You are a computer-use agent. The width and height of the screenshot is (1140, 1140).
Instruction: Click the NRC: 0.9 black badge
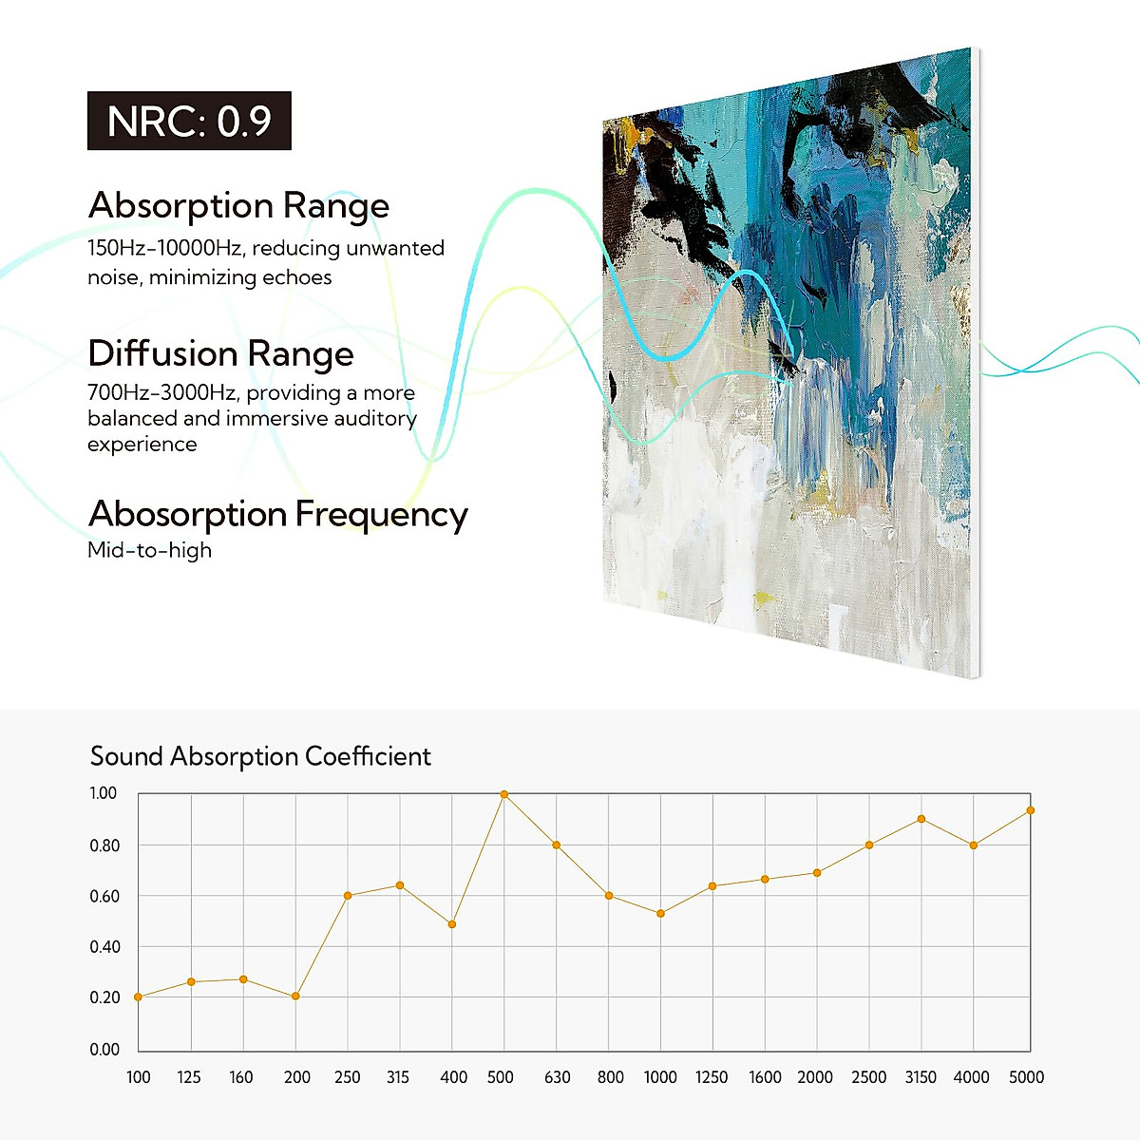189,121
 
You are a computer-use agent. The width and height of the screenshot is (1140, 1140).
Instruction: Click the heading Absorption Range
239,206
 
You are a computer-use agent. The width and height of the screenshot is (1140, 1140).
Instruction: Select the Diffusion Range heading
220,353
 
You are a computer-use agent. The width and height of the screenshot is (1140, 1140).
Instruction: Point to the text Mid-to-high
150,550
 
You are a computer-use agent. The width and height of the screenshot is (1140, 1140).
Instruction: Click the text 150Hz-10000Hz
165,248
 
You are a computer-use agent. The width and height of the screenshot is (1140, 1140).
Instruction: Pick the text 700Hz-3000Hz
162,392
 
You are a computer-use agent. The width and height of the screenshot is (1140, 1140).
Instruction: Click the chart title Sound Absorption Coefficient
260,756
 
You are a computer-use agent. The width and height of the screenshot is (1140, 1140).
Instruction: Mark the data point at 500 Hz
504,794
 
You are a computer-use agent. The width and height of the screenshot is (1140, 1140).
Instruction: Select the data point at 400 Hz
452,924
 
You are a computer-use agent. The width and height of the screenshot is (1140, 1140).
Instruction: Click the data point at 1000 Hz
661,913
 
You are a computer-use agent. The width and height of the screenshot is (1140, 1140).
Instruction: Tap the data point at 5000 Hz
1031,810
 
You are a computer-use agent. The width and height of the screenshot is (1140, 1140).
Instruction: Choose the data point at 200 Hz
295,997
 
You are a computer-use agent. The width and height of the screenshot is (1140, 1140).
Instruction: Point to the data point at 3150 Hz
921,819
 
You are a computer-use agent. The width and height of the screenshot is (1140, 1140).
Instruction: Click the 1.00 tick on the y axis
104,793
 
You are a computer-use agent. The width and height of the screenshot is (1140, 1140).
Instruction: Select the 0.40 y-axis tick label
104,947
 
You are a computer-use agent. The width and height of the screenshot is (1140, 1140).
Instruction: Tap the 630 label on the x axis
558,1077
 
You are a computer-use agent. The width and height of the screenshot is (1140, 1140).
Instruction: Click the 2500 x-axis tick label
868,1077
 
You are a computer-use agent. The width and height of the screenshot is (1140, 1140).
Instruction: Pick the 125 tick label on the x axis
189,1077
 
